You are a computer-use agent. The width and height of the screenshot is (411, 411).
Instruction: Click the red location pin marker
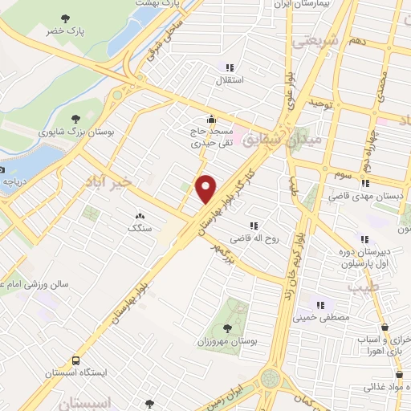(206, 189)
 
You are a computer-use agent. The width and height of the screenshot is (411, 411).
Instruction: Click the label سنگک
(139, 228)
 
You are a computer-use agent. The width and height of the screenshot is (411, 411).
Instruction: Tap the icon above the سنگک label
(140, 215)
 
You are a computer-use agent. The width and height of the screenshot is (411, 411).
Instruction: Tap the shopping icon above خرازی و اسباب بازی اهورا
(386, 327)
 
